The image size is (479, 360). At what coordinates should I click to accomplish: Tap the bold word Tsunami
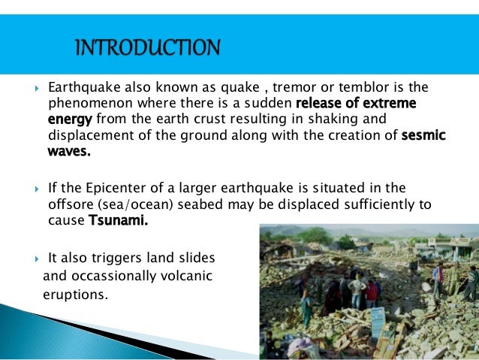(x=119, y=221)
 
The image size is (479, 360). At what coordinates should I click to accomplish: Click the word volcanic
(x=182, y=276)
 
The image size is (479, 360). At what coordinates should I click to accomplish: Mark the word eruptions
(x=75, y=294)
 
